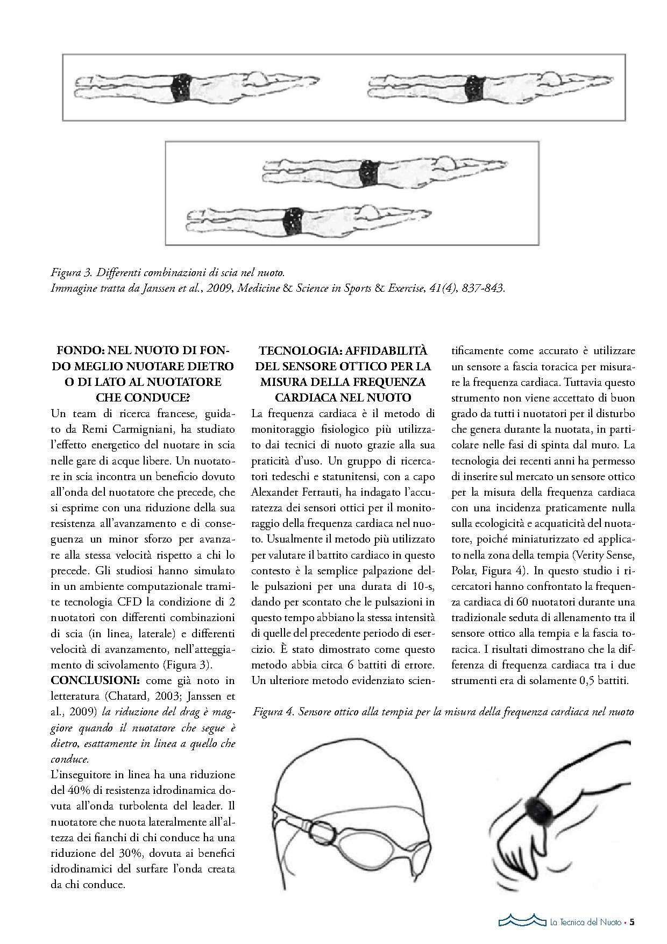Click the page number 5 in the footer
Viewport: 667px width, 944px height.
click(632, 922)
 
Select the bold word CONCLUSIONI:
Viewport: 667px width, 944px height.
click(96, 681)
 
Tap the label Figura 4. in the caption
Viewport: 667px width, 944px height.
click(273, 712)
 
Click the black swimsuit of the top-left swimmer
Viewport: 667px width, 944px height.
click(181, 88)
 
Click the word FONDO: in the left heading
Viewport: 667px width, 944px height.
click(81, 351)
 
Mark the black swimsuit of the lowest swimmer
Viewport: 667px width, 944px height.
click(294, 221)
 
